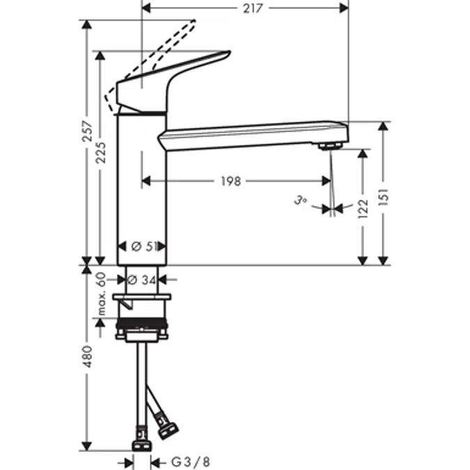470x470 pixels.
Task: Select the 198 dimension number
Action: point(230,181)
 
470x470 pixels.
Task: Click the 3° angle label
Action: point(301,201)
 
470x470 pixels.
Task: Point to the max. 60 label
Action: point(102,292)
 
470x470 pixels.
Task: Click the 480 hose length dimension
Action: point(86,356)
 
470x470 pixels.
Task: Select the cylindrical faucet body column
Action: point(142,188)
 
